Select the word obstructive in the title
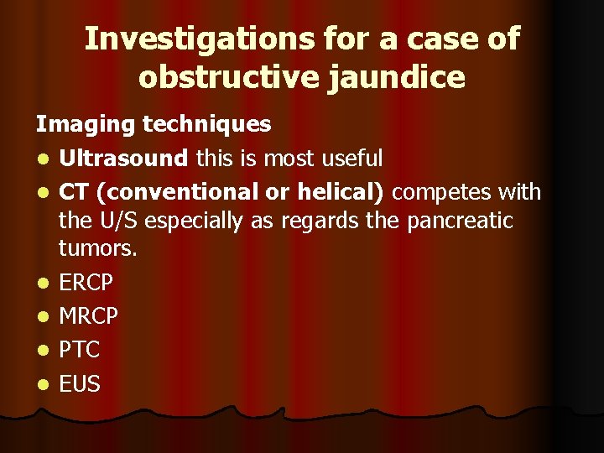coord(225,76)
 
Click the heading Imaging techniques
coord(153,124)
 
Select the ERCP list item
coord(87,283)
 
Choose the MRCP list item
coord(88,316)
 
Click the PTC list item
coord(80,350)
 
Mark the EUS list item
coord(80,384)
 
